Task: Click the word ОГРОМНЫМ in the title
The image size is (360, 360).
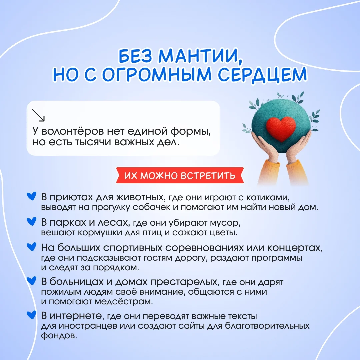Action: [x=157, y=74]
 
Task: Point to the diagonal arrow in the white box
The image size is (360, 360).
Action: [x=38, y=115]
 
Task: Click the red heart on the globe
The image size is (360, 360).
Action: [x=281, y=128]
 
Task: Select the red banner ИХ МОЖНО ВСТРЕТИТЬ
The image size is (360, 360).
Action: [x=180, y=175]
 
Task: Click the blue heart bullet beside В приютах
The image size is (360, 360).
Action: [x=31, y=196]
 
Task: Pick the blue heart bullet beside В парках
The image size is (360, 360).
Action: [x=31, y=221]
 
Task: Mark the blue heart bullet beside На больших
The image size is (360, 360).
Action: [x=31, y=247]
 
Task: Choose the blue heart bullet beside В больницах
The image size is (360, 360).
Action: [x=31, y=281]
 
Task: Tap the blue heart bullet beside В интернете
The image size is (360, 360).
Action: [x=31, y=315]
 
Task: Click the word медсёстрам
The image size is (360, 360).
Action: [x=124, y=301]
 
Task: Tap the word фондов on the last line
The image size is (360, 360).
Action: [x=59, y=336]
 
